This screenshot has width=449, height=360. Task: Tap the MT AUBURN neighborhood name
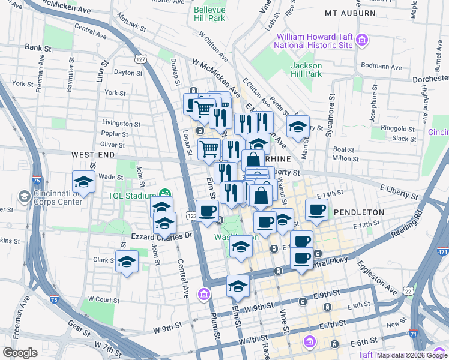(350, 13)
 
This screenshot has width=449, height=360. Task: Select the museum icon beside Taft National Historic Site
(362, 41)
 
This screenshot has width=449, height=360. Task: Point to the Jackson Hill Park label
(306, 70)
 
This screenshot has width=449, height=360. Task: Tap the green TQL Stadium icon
(164, 194)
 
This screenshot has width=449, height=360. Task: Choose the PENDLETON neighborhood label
(358, 212)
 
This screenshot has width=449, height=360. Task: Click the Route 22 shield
(408, 291)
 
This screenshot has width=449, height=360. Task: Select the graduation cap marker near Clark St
(127, 262)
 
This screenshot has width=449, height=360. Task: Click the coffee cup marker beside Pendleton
(316, 210)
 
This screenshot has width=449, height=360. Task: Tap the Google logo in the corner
(20, 353)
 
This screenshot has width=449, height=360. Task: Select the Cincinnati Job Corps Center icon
(25, 196)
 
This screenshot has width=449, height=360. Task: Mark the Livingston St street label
(120, 124)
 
